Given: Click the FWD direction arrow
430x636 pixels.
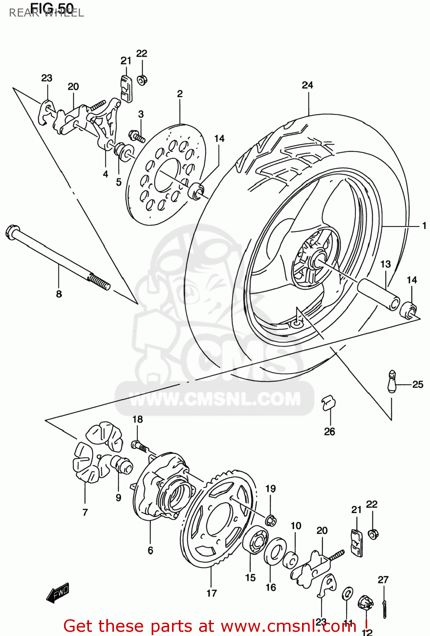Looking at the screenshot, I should pyautogui.click(x=58, y=593).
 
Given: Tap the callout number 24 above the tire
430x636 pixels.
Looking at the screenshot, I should pyautogui.click(x=308, y=85).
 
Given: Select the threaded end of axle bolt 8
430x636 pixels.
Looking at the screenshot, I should pyautogui.click(x=100, y=282).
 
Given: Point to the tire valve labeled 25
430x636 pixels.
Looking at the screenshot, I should pyautogui.click(x=392, y=382).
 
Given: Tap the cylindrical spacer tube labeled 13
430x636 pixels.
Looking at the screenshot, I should pyautogui.click(x=378, y=294).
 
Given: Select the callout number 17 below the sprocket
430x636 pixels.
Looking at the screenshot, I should pyautogui.click(x=211, y=593).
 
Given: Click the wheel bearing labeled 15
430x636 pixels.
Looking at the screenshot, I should pyautogui.click(x=255, y=540).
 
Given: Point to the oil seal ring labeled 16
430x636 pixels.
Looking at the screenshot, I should pyautogui.click(x=275, y=551).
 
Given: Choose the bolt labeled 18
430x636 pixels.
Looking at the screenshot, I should pyautogui.click(x=139, y=446).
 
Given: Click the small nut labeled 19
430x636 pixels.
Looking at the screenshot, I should pyautogui.click(x=271, y=520).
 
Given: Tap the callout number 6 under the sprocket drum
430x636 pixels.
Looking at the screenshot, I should pyautogui.click(x=150, y=550).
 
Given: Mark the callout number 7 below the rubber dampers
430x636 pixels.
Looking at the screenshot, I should pyautogui.click(x=85, y=512).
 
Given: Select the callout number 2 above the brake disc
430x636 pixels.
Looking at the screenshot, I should pyautogui.click(x=180, y=94).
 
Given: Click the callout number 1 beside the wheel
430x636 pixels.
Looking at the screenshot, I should pyautogui.click(x=424, y=226).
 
